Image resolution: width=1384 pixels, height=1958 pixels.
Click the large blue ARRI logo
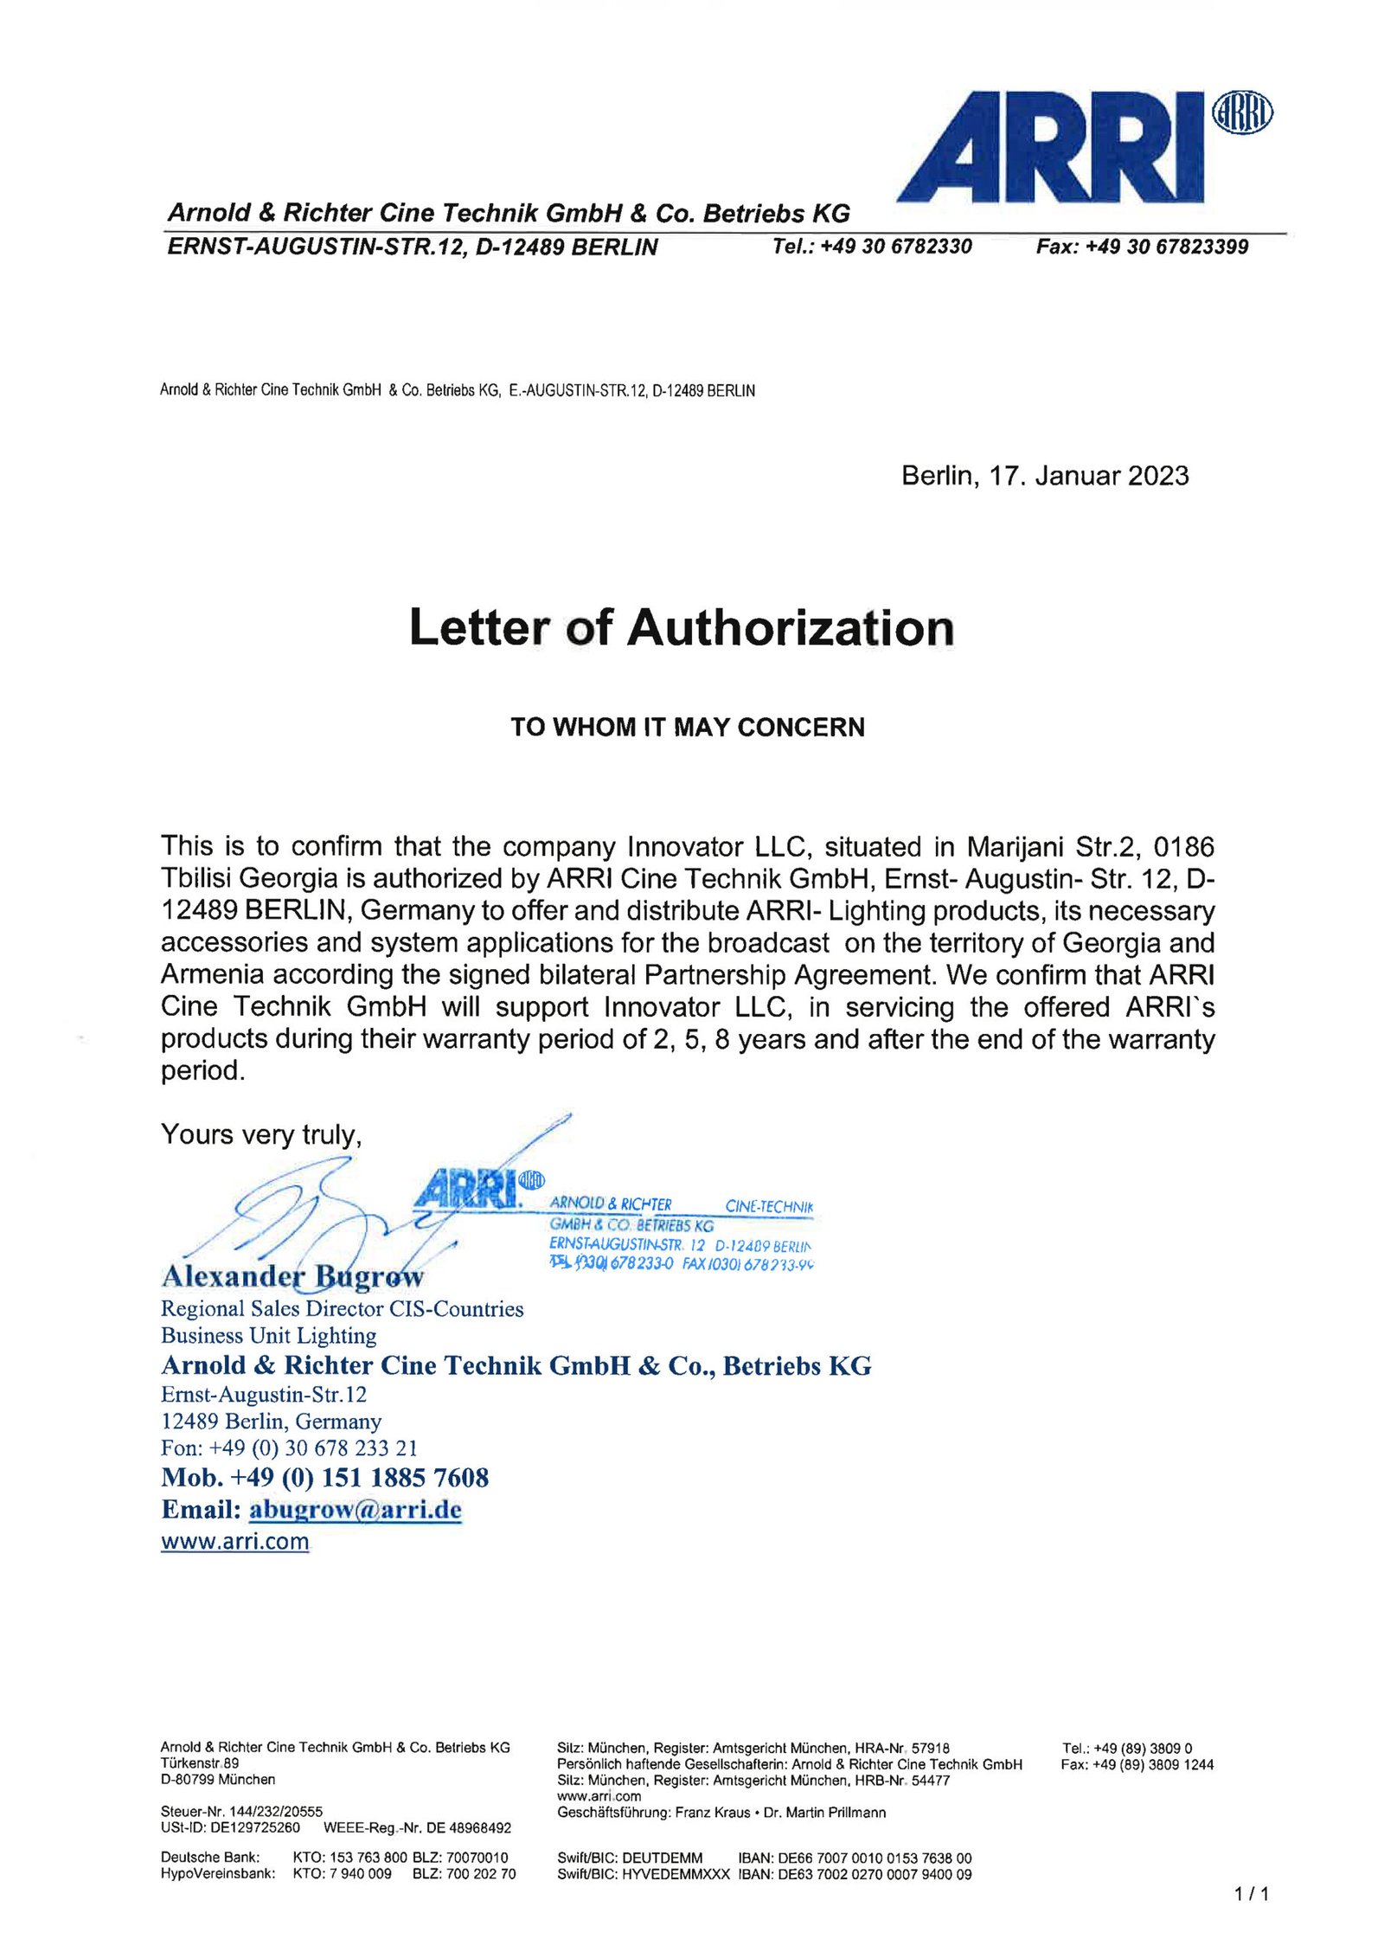click(1051, 147)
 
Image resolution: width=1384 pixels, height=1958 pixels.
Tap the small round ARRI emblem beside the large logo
click(1242, 113)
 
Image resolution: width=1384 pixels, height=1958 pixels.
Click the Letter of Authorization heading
click(682, 627)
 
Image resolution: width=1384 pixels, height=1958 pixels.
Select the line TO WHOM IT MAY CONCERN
click(687, 727)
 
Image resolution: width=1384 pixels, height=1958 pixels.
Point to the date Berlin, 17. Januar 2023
click(1044, 476)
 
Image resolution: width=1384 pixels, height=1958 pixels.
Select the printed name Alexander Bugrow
click(292, 1275)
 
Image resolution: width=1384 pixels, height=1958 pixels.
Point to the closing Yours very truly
click(260, 1134)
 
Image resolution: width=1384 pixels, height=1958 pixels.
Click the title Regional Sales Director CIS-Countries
click(342, 1308)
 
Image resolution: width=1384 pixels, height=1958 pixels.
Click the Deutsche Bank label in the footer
click(210, 1857)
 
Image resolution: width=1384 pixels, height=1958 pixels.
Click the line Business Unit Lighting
click(268, 1335)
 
